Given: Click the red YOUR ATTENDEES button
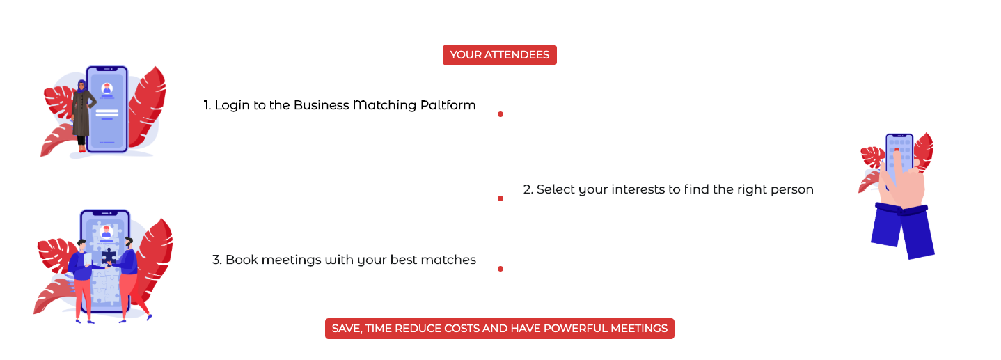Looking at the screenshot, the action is tap(500, 55).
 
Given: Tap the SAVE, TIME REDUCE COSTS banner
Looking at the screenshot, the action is tap(500, 329).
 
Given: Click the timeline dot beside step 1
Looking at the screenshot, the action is tap(500, 114).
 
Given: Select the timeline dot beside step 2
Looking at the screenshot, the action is tap(500, 198).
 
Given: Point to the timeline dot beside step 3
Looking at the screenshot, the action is tap(500, 269).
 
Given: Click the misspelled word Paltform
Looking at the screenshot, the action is tap(448, 105).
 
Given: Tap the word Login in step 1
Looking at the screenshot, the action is tap(232, 106).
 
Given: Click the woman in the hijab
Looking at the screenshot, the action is tap(83, 116).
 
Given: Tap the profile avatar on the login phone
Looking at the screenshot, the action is tap(107, 88).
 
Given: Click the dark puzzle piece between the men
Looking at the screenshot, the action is tap(109, 256).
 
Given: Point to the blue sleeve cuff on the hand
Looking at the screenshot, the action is tap(901, 210).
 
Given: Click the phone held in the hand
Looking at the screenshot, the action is tap(899, 157).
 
